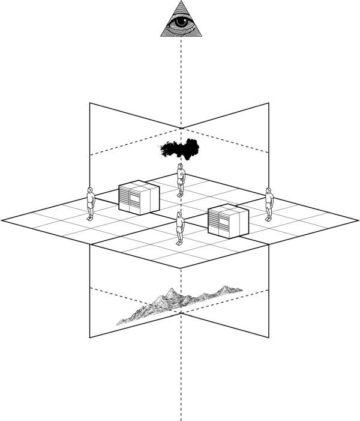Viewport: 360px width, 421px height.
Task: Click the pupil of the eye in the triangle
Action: click(x=180, y=23)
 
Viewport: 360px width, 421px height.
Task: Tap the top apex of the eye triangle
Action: click(x=181, y=2)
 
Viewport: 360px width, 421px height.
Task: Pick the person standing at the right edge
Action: click(x=269, y=204)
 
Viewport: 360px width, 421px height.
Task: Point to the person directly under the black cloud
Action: click(x=181, y=180)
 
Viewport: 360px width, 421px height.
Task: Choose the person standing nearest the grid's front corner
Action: click(x=179, y=228)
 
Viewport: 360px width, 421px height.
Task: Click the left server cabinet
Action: click(x=139, y=198)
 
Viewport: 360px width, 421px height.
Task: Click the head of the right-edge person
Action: click(x=269, y=191)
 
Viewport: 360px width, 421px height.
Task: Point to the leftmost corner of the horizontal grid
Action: click(x=2, y=220)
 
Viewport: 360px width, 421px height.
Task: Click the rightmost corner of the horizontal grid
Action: click(x=358, y=220)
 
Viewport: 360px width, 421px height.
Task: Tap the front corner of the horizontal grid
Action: click(x=181, y=268)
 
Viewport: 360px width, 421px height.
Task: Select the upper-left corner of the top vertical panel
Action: click(x=90, y=103)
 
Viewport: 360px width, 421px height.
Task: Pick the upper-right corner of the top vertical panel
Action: click(x=269, y=103)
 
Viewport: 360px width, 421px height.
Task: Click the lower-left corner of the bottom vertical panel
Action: click(x=90, y=338)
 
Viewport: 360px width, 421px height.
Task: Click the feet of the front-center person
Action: click(x=179, y=243)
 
